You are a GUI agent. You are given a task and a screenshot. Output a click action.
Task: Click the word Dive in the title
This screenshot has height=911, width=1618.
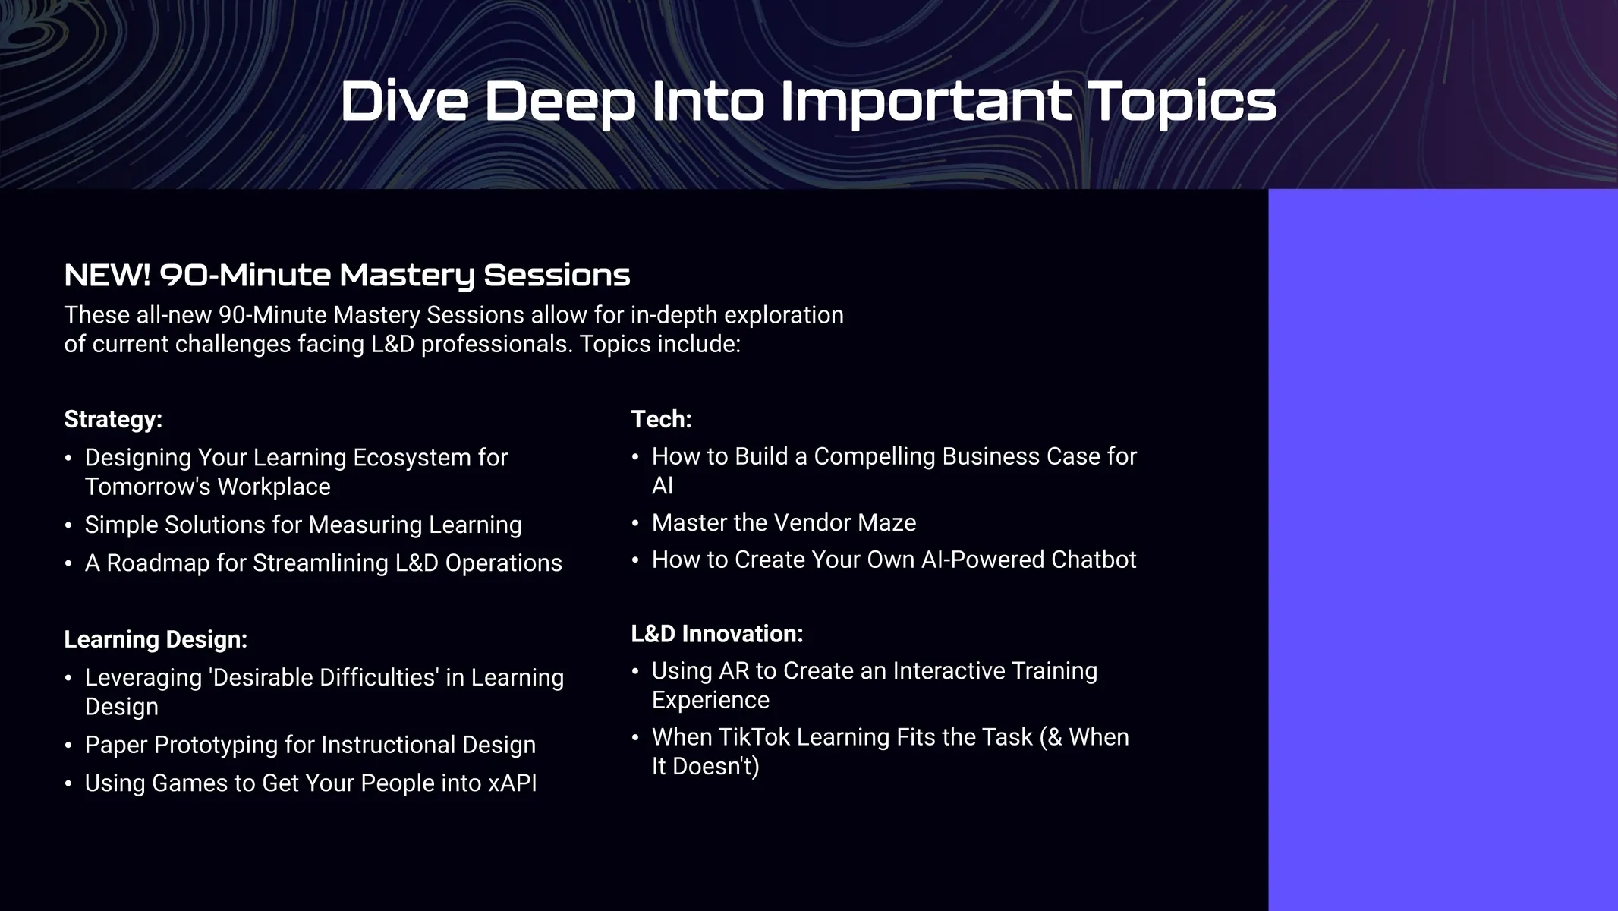pyautogui.click(x=404, y=100)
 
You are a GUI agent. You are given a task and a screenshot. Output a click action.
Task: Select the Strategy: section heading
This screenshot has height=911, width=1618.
pyautogui.click(x=113, y=419)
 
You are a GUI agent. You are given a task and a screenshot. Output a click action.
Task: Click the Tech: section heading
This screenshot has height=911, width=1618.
pyautogui.click(x=661, y=418)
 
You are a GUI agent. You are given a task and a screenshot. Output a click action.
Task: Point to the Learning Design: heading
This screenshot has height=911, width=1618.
pyautogui.click(x=156, y=639)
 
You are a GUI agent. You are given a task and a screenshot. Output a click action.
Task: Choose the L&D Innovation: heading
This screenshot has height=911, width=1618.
pyautogui.click(x=717, y=633)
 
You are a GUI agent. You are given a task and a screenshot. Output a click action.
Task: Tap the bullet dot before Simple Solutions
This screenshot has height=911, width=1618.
pyautogui.click(x=68, y=525)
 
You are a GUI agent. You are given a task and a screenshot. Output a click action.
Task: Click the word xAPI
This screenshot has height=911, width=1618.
pyautogui.click(x=512, y=783)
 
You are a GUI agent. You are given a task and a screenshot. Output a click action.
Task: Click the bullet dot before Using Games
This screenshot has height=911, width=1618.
pyautogui.click(x=68, y=783)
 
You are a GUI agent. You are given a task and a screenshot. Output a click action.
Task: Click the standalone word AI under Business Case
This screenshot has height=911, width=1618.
pyautogui.click(x=662, y=485)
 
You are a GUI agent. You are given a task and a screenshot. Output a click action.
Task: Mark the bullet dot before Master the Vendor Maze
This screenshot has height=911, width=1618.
pyautogui.click(x=635, y=523)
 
